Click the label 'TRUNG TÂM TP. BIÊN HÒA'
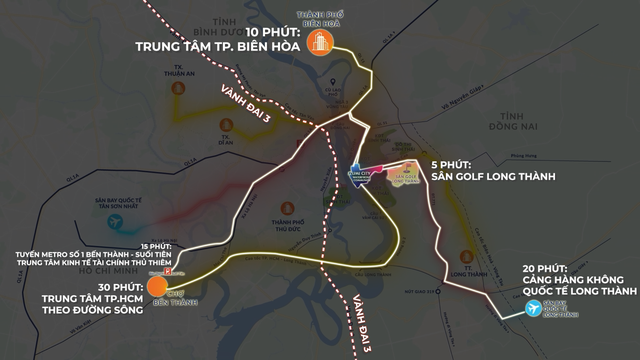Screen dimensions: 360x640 [217, 46]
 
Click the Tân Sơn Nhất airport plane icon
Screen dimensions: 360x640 [110, 219]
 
